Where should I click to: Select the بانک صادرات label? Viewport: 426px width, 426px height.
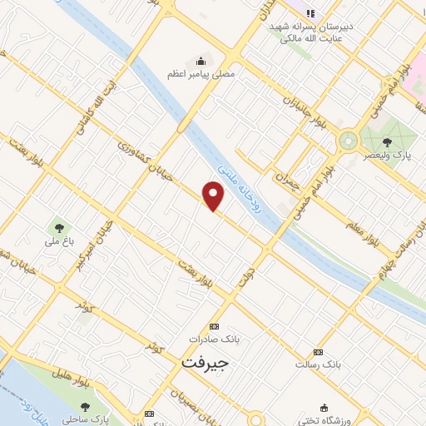pyautogui.click(x=214, y=339)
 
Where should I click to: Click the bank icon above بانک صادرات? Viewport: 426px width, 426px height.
pyautogui.click(x=214, y=326)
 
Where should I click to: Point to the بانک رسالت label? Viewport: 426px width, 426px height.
pyautogui.click(x=318, y=364)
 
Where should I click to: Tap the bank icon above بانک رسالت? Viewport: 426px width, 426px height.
pyautogui.click(x=318, y=351)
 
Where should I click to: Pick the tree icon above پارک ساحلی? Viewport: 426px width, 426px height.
pyautogui.click(x=85, y=406)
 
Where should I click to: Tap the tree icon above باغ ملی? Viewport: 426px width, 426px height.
pyautogui.click(x=58, y=225)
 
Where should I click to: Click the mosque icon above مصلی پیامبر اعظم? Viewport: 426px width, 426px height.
pyautogui.click(x=201, y=60)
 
